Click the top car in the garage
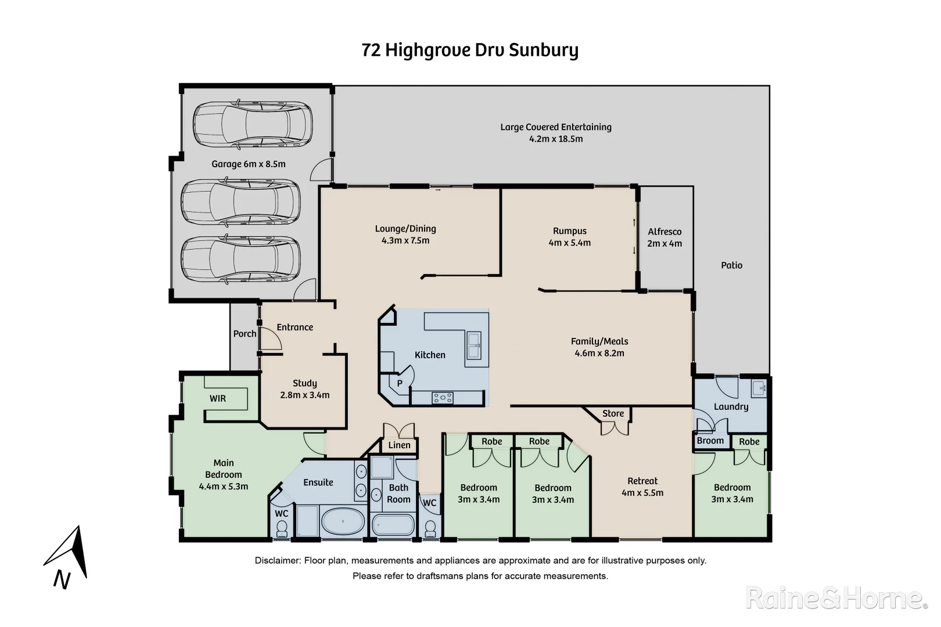[x=252, y=125]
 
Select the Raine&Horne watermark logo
[x=836, y=598]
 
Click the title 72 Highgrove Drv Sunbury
[x=470, y=51]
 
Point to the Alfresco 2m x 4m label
[x=665, y=237]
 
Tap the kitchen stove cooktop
[x=442, y=398]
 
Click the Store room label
[x=613, y=413]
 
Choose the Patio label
[x=731, y=265]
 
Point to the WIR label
[x=218, y=398]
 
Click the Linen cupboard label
[x=399, y=445]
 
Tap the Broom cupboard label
[x=710, y=441]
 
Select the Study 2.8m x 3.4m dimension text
[x=304, y=395]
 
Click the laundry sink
[x=759, y=388]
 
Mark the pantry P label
[x=400, y=383]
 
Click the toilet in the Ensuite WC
[x=282, y=528]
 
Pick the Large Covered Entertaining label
[x=556, y=127]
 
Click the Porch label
[x=245, y=334]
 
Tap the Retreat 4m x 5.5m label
[x=642, y=487]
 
